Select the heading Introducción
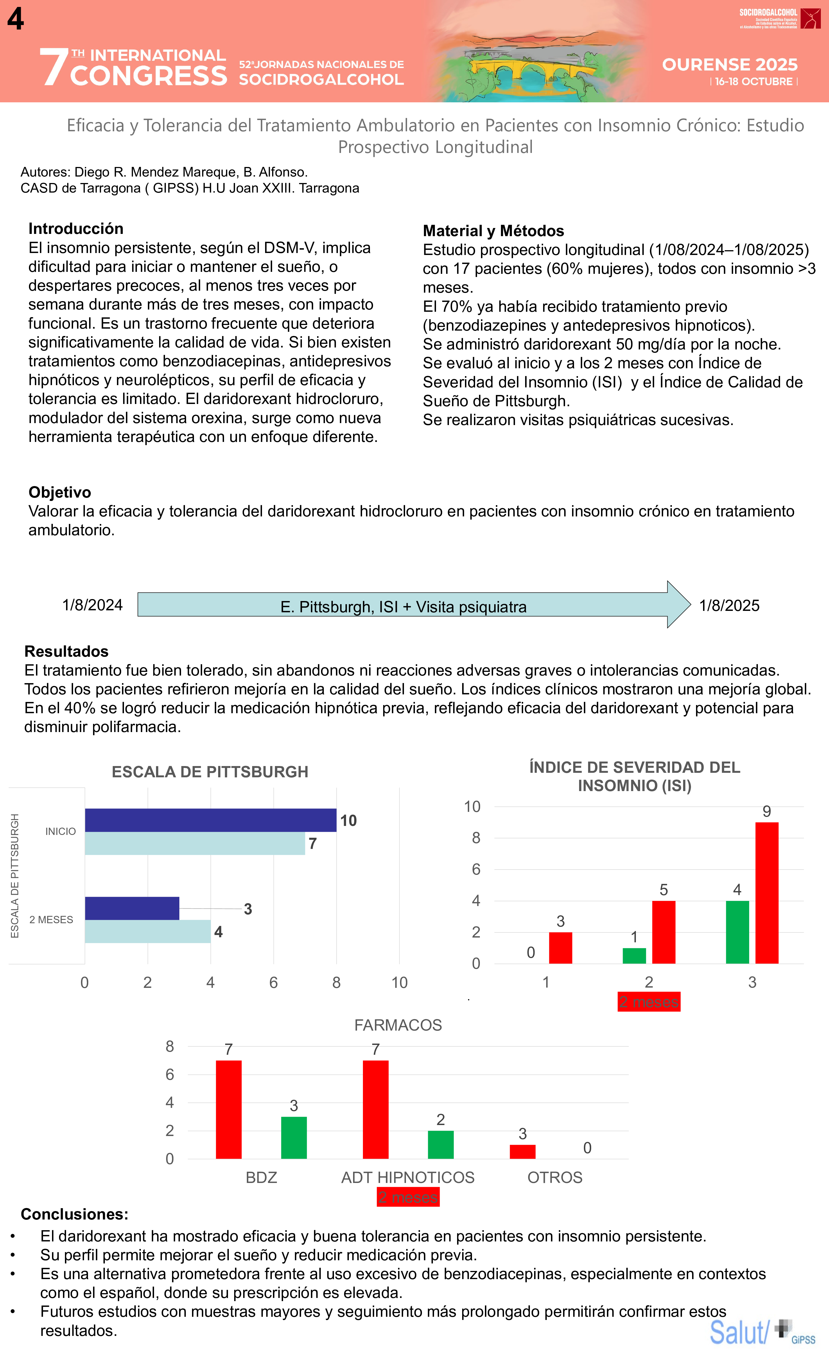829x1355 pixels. tap(76, 229)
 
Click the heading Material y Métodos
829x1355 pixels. tap(493, 231)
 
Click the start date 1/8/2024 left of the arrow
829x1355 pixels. tap(92, 605)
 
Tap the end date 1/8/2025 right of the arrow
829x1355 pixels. tap(729, 606)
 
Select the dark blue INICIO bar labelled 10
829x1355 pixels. tap(211, 820)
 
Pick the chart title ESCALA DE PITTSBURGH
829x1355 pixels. tap(210, 772)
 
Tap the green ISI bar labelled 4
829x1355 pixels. tap(737, 932)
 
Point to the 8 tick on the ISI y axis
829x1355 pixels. tap(476, 838)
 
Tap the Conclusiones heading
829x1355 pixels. tap(74, 1214)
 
